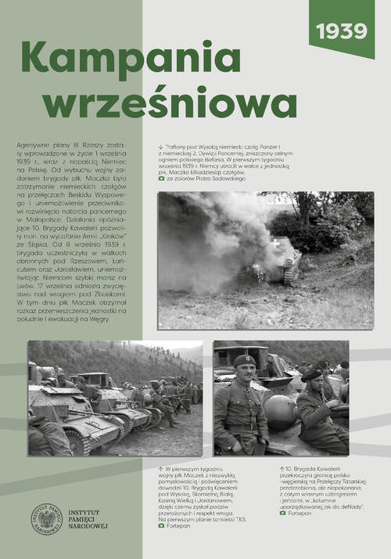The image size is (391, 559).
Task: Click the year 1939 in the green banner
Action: tap(342, 31)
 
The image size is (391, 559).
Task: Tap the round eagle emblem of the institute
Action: tap(46, 521)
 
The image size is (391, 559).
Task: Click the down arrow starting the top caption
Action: tap(160, 146)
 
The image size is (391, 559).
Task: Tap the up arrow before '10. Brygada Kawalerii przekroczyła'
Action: tap(282, 468)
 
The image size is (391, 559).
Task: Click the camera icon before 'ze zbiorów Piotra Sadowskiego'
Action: tap(161, 179)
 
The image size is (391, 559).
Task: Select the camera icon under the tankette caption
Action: tap(161, 526)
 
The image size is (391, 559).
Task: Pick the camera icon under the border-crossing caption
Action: tap(282, 513)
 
